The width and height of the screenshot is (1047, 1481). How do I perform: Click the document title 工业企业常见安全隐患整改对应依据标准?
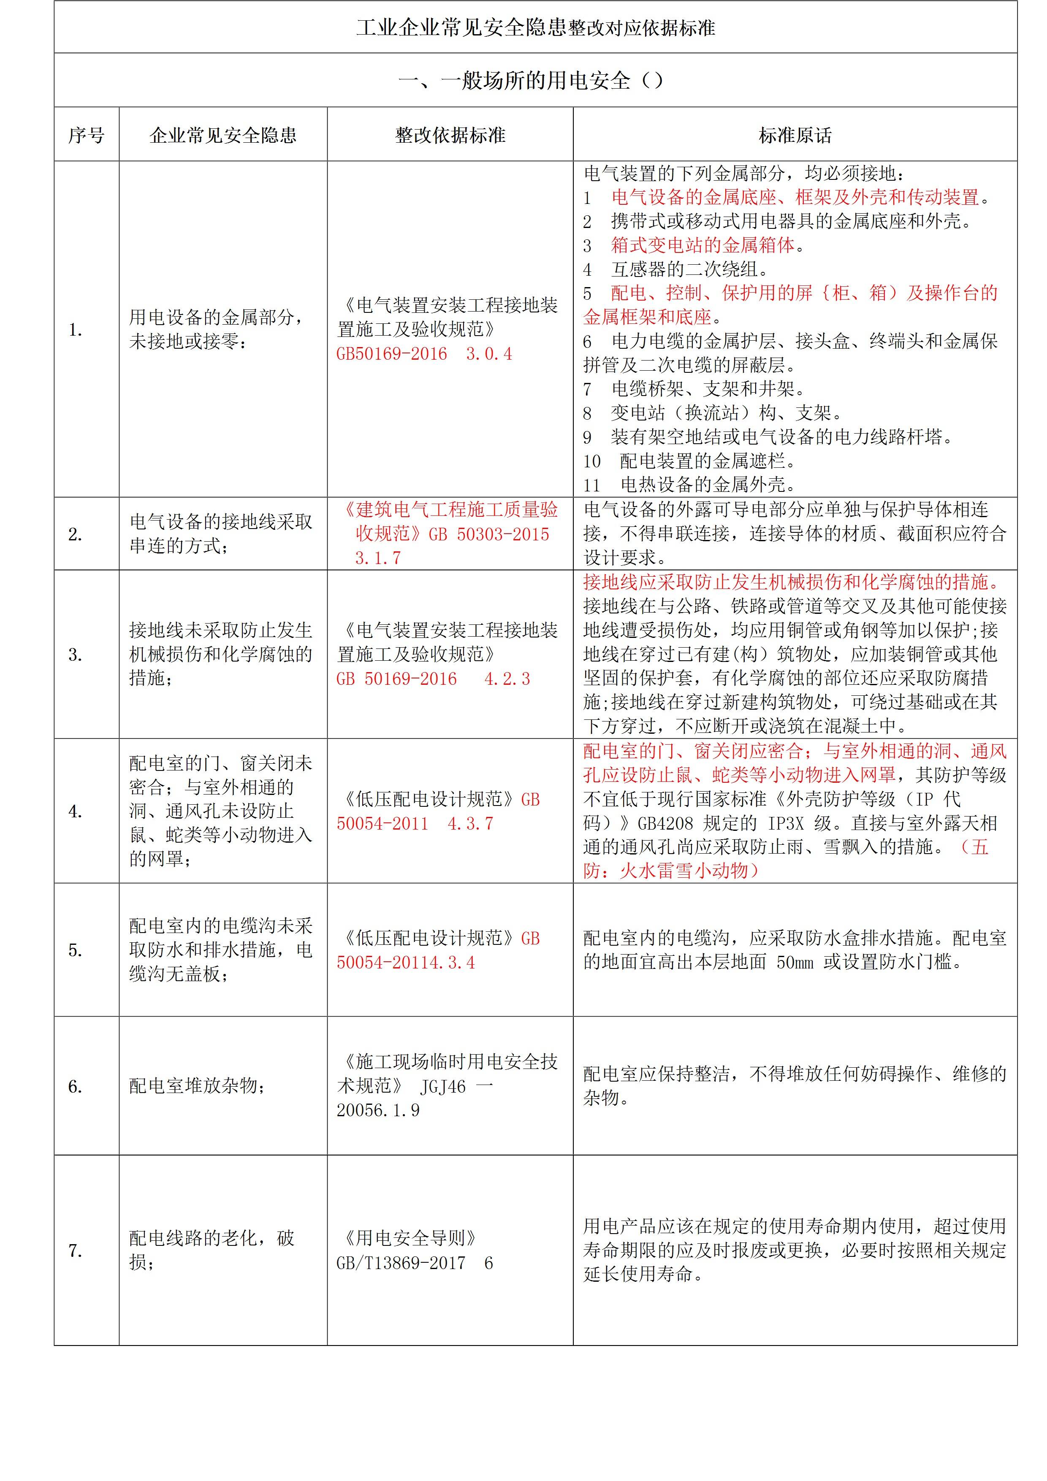click(x=535, y=28)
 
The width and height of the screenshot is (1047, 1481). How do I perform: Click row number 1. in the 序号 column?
click(x=76, y=330)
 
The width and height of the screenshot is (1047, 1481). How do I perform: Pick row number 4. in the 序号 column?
click(x=76, y=811)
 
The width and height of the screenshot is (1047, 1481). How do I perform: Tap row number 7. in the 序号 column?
click(x=76, y=1251)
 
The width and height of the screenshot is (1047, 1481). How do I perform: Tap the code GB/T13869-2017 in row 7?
click(x=401, y=1263)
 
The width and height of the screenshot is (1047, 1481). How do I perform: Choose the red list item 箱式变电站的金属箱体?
click(x=703, y=245)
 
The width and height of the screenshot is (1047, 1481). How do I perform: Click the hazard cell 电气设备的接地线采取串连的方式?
click(x=221, y=534)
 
